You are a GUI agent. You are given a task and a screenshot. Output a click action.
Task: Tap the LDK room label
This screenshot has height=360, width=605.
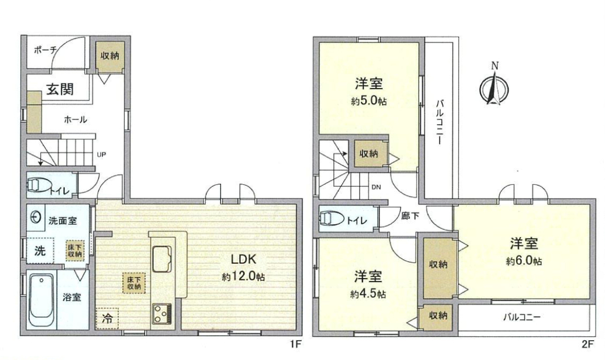coord(243,259)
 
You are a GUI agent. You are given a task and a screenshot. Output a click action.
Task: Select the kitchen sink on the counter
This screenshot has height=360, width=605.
coord(162,259)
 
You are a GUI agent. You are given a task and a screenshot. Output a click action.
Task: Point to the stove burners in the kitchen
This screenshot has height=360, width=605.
coord(162,313)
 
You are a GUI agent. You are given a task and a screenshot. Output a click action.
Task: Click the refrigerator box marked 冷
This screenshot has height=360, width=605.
coord(107,318)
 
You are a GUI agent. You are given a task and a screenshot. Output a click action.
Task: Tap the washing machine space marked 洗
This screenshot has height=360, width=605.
coord(40,251)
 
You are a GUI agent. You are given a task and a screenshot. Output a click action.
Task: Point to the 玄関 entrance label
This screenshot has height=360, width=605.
coord(60,90)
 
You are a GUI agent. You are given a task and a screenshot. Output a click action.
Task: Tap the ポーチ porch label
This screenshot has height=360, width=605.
coord(46,49)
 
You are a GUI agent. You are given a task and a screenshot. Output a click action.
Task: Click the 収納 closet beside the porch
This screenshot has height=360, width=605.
coord(110,56)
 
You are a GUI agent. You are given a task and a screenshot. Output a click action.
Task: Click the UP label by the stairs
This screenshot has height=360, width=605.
coord(102,154)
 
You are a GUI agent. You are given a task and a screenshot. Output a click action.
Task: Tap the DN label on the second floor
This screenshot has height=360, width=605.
coord(376,187)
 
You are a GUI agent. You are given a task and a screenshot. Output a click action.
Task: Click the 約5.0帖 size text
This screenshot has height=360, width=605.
coord(369,101)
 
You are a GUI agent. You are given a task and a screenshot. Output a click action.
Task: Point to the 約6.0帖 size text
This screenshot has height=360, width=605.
coord(524,261)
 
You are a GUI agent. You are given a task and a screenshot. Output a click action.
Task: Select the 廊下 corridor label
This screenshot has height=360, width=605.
coord(410,216)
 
